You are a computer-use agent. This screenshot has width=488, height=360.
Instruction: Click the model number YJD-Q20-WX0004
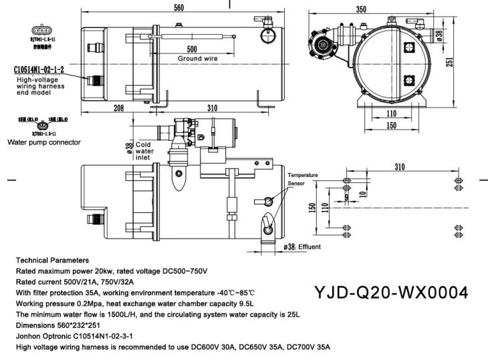coord(391,293)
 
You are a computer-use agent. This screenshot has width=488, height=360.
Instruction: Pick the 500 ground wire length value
coord(192,49)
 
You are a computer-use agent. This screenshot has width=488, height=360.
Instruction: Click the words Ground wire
coord(199,59)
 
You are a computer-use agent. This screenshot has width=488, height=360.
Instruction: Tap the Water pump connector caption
coord(43,142)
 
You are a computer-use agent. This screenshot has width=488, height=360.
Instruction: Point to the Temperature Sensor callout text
coord(302,178)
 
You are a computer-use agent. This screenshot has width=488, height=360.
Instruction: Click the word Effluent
coord(309,247)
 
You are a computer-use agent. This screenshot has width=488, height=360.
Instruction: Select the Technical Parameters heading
coord(52,260)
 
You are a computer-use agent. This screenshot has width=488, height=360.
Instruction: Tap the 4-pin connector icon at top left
coord(40,30)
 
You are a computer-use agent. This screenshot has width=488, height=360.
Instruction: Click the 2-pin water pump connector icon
coord(42,125)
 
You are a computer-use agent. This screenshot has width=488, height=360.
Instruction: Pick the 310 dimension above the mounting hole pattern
coord(400,166)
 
